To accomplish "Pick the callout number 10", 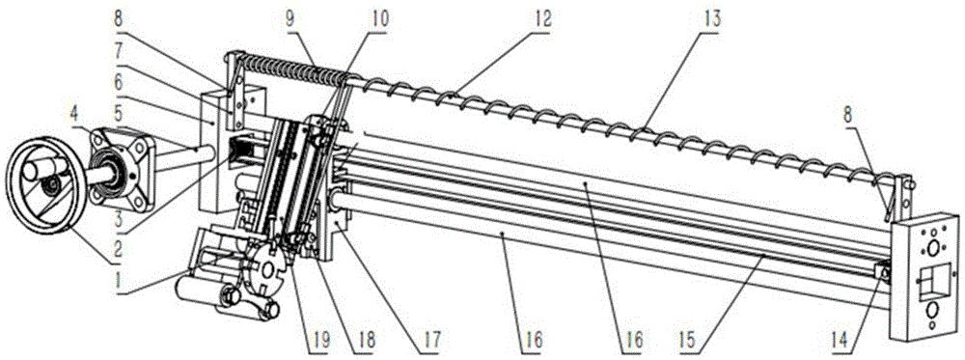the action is [x=380, y=17].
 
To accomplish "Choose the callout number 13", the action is [x=713, y=19].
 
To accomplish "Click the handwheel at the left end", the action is [x=43, y=183].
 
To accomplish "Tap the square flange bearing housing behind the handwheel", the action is [x=124, y=164].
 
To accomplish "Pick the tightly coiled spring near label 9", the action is [x=289, y=68].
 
